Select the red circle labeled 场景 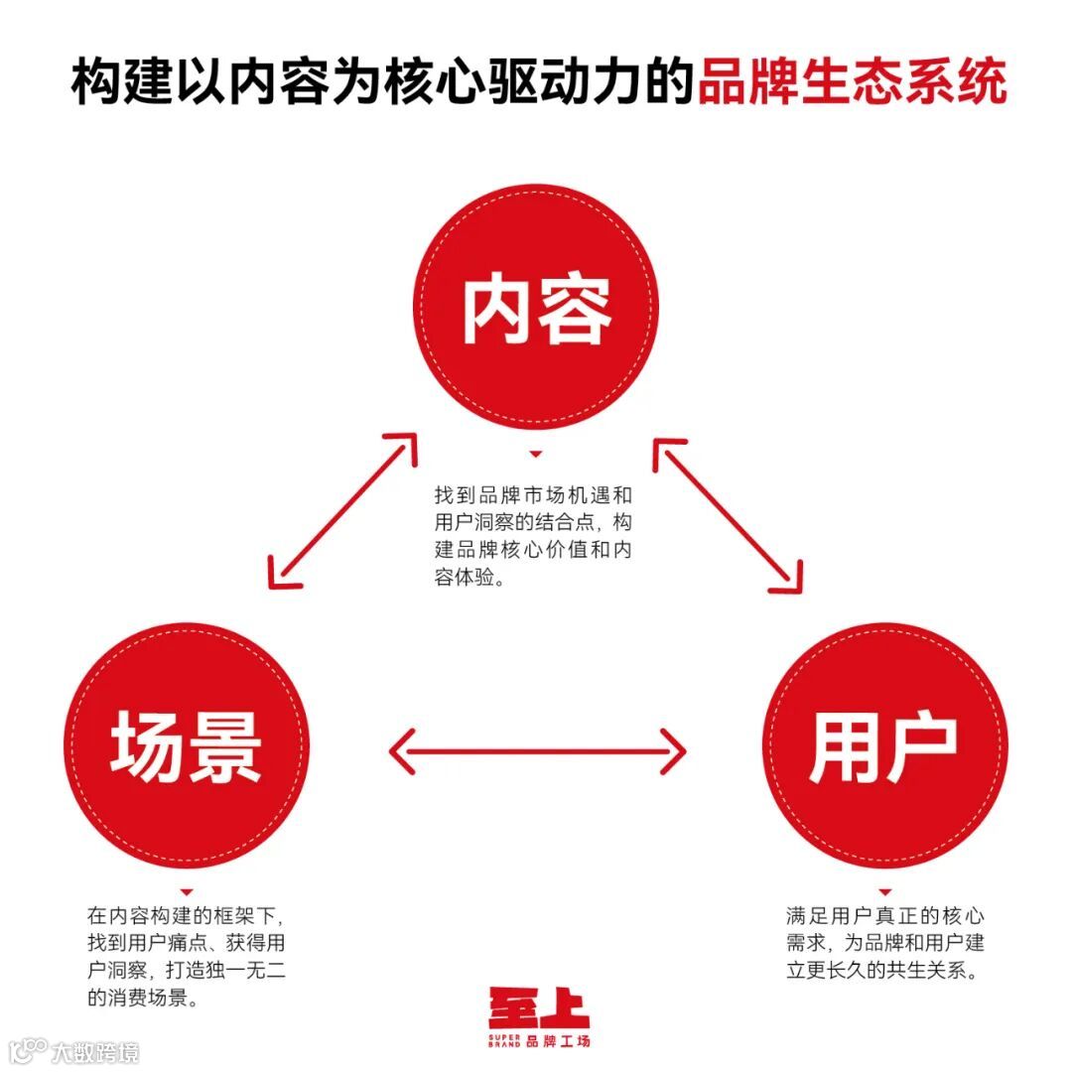click(x=186, y=746)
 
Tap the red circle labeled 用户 click(x=884, y=746)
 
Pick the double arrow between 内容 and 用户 click(x=728, y=516)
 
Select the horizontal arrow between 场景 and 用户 click(x=536, y=750)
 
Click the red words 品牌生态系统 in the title click(x=852, y=81)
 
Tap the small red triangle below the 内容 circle click(x=536, y=455)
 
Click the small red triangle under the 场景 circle click(x=186, y=892)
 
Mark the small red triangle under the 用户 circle click(x=885, y=892)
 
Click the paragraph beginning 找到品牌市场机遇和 click(x=533, y=535)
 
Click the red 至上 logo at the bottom click(x=538, y=1006)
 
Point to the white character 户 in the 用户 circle click(x=921, y=746)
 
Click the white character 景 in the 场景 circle click(x=224, y=746)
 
